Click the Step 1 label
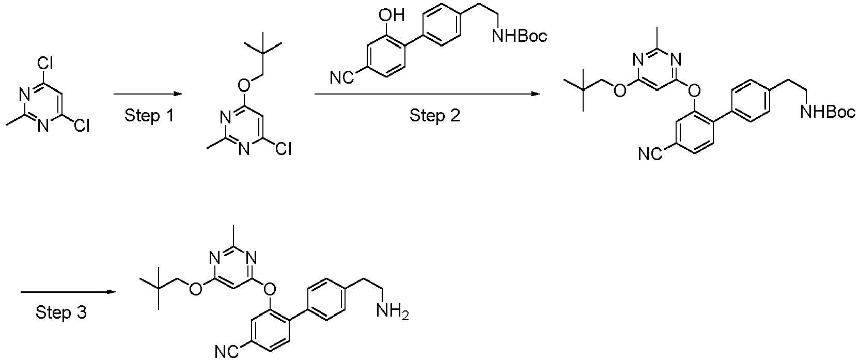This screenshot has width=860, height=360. pos(149,116)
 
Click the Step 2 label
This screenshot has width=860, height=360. pos(434,116)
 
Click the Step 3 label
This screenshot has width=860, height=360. pos(61,312)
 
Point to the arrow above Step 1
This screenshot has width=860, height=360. pos(148,93)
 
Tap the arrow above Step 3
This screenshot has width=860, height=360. pos(68,292)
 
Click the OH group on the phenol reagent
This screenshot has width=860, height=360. pos(392,15)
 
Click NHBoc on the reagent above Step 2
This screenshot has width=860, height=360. pos(520,36)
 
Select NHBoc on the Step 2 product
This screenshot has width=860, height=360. pos(828,112)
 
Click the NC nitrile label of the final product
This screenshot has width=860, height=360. pos(227,352)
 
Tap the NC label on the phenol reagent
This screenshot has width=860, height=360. pos(342,78)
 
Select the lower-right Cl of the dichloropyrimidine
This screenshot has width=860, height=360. pos(82,126)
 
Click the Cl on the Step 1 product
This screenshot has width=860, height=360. pos(284,149)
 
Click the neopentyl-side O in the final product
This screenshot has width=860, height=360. pos(196,289)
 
